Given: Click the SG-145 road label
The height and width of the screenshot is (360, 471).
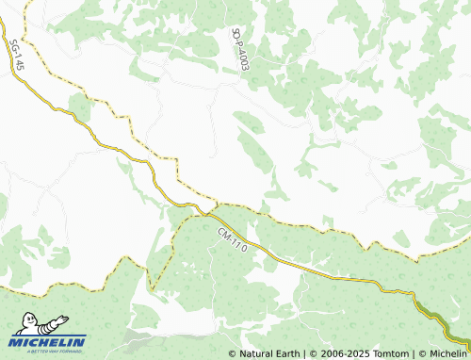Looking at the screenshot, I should pyautogui.click(x=15, y=56).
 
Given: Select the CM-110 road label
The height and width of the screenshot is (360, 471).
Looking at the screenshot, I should pyautogui.click(x=231, y=238).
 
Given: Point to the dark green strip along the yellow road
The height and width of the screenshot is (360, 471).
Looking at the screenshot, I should pyautogui.click(x=435, y=316).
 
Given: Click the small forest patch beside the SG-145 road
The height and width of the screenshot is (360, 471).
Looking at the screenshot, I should pyautogui.click(x=80, y=109).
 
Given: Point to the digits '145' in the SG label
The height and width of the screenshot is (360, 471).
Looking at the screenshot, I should pyautogui.click(x=17, y=62).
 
